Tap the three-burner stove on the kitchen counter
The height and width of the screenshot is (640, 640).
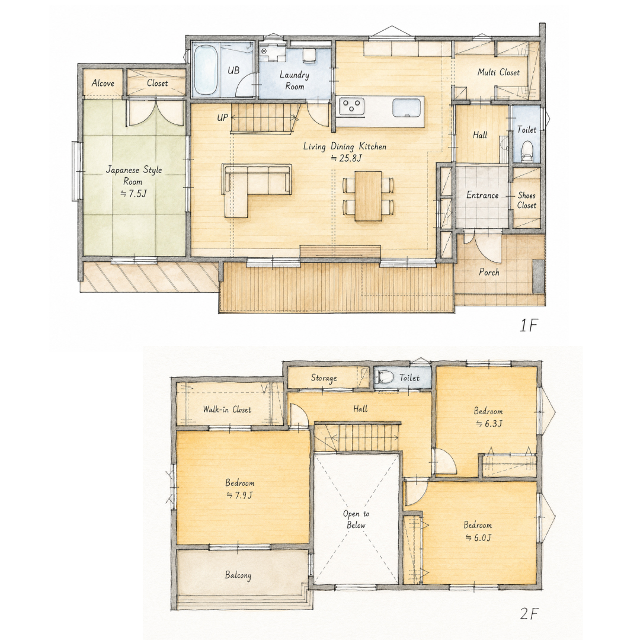(352, 107)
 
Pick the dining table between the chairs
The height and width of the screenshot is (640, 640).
(368, 196)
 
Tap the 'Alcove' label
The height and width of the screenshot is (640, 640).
(103, 84)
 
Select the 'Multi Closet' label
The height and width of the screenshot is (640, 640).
(498, 73)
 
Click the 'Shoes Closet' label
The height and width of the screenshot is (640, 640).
(527, 200)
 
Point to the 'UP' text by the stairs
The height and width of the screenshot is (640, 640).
(222, 118)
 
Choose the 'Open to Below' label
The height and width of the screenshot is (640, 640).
(356, 520)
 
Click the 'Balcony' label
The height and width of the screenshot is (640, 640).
(238, 575)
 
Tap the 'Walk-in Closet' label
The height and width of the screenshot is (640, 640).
(227, 409)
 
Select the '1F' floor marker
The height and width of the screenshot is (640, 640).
(529, 325)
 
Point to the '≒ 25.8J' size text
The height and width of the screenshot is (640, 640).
(346, 158)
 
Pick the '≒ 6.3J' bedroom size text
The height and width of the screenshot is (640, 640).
(488, 424)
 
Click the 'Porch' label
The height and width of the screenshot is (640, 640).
(489, 272)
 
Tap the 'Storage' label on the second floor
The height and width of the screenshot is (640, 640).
(324, 378)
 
